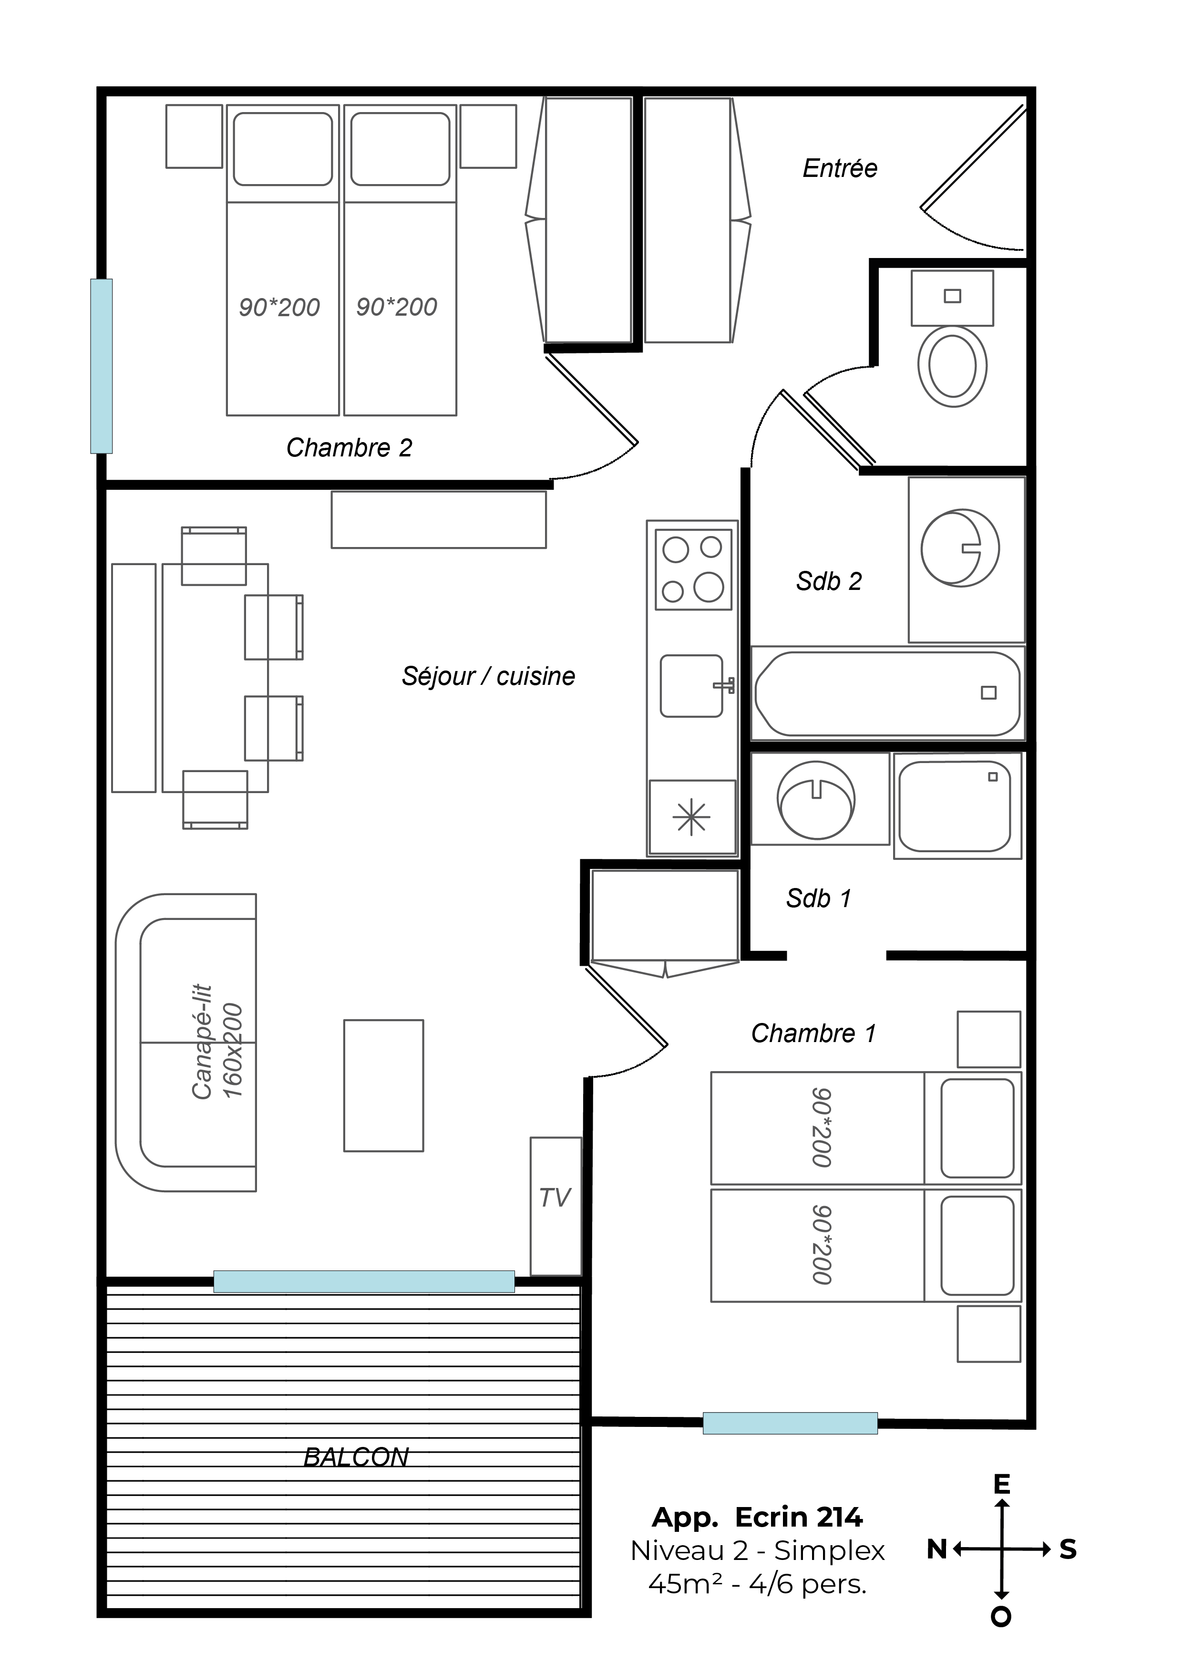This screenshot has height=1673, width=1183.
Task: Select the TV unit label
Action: pyautogui.click(x=555, y=1197)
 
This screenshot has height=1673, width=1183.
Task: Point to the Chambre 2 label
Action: pyautogui.click(x=349, y=447)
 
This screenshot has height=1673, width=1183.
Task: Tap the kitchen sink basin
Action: pyautogui.click(x=691, y=686)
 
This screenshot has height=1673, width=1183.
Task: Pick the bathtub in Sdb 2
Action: pyautogui.click(x=888, y=693)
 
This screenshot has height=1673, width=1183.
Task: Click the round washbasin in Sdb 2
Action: pyautogui.click(x=960, y=548)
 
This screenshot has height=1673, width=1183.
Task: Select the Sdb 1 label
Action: pyautogui.click(x=819, y=898)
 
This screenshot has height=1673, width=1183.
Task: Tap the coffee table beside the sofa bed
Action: pyautogui.click(x=384, y=1085)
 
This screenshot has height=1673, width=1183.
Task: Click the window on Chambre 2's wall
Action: pyautogui.click(x=101, y=366)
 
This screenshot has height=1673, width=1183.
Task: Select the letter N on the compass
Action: pyautogui.click(x=937, y=1549)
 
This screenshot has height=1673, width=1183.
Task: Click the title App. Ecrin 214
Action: pyautogui.click(x=758, y=1517)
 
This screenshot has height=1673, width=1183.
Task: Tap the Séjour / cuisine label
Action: pyautogui.click(x=488, y=676)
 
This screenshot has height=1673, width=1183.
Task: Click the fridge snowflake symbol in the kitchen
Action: pyautogui.click(x=691, y=817)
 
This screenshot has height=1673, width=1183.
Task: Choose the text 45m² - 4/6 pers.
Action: pyautogui.click(x=758, y=1584)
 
